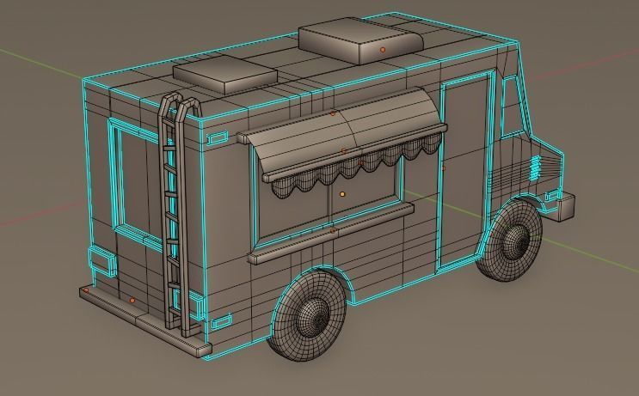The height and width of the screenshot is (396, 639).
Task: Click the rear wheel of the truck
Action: click(310, 315)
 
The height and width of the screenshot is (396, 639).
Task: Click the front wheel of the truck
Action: click(511, 240)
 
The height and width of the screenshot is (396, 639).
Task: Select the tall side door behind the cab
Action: click(464, 172)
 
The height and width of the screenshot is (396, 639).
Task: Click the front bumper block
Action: click(566, 206)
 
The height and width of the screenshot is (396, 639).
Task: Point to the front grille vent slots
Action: click(538, 168)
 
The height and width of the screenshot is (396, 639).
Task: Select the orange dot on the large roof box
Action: click(383, 51)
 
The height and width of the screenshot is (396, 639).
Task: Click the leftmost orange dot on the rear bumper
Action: click(86, 291)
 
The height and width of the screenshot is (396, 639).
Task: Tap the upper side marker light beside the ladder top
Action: click(218, 137)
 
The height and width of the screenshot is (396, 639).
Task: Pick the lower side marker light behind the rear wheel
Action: click(221, 321)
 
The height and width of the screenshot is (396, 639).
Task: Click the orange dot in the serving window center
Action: click(342, 195)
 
